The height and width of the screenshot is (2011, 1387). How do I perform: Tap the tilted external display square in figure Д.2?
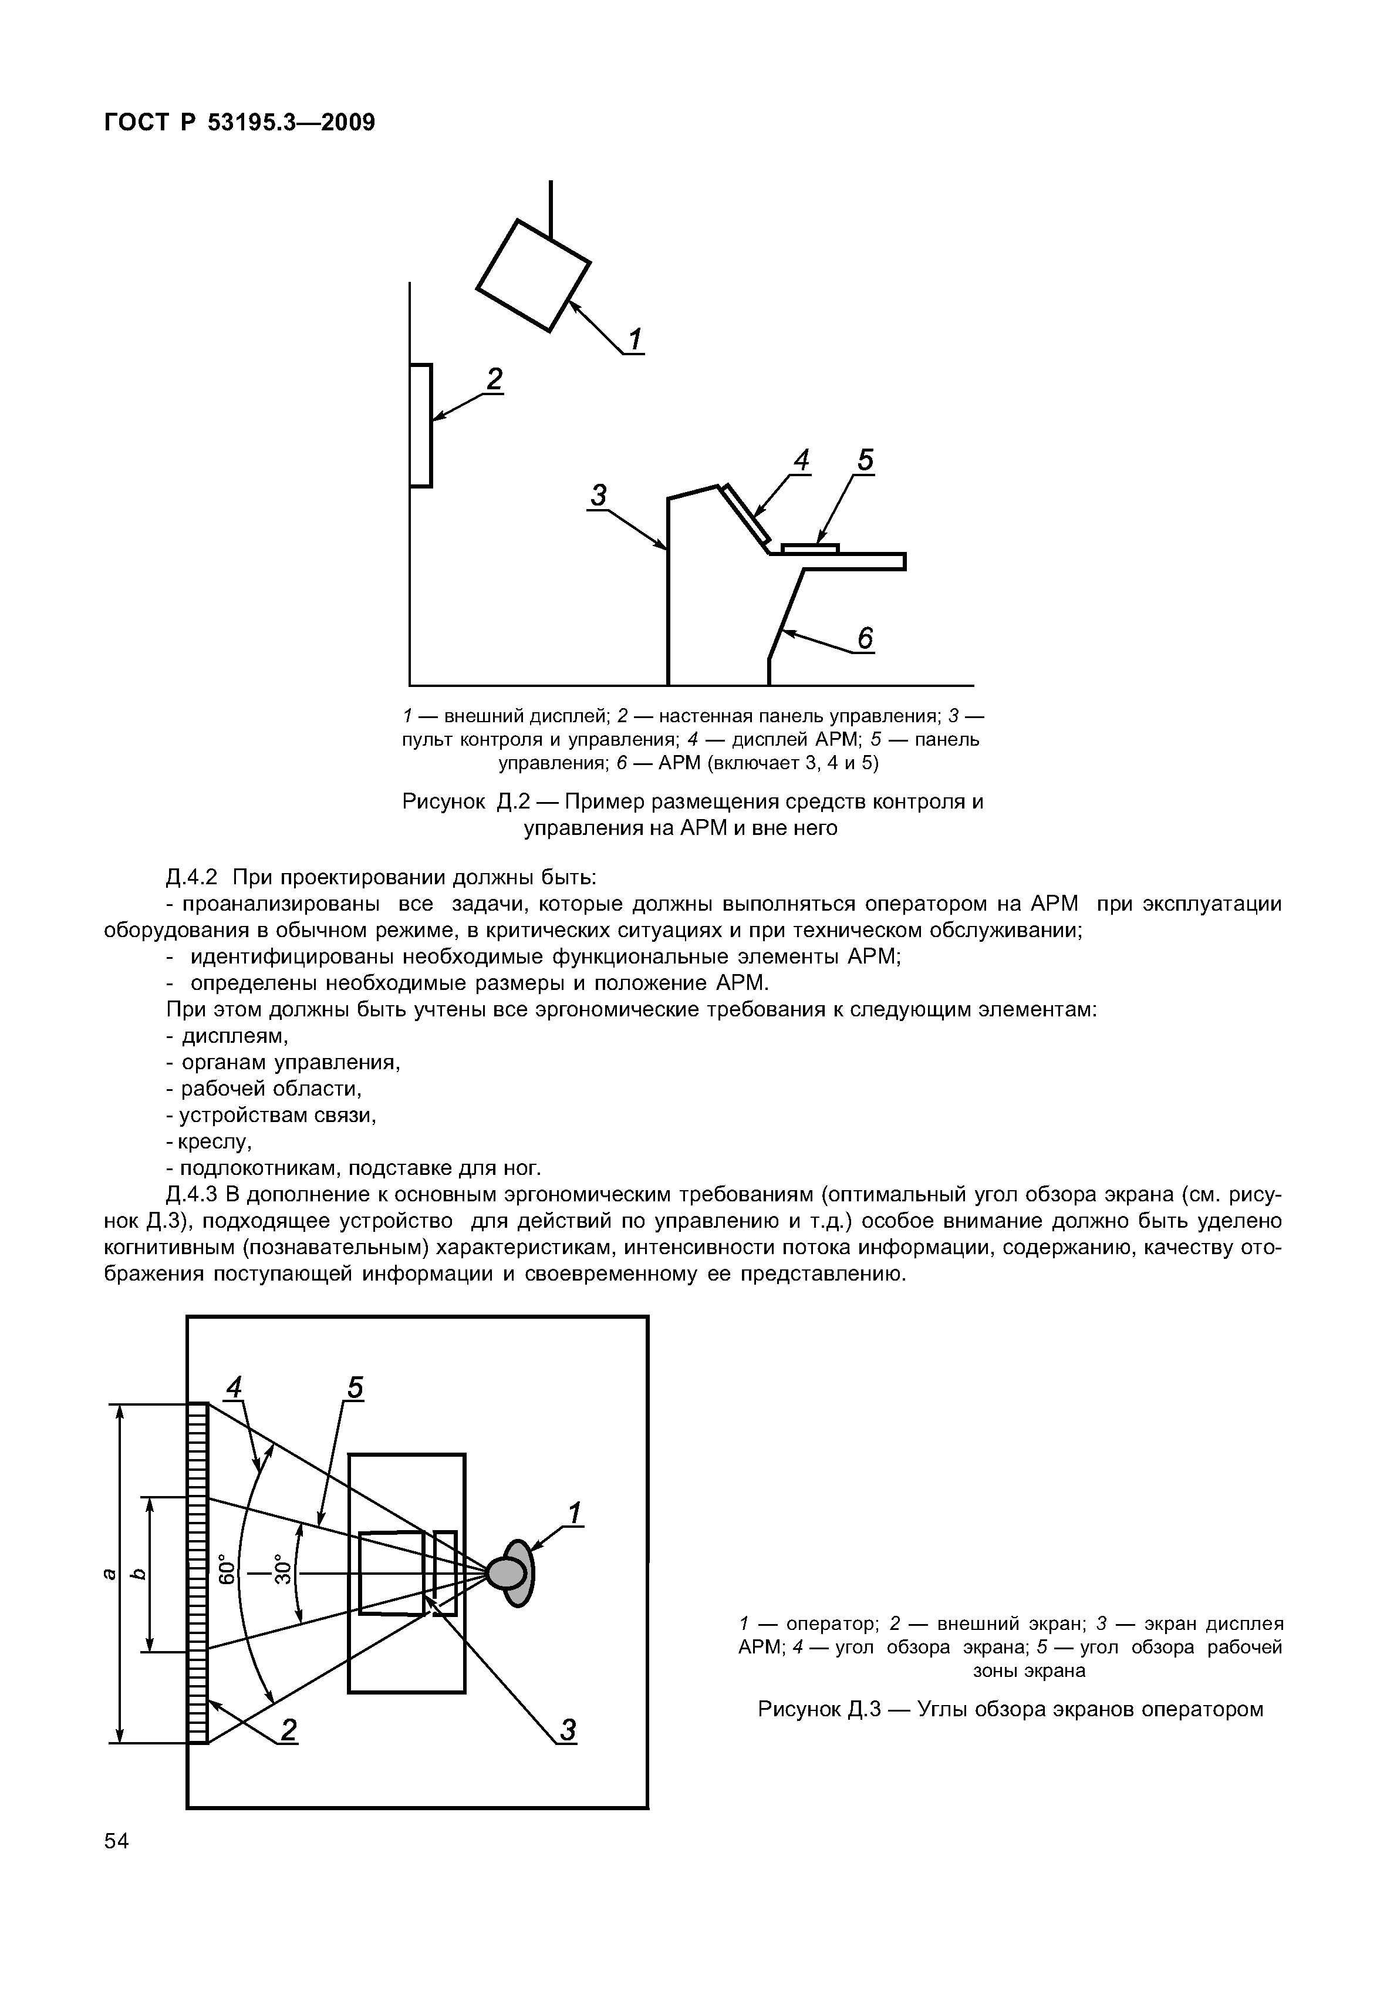[534, 275]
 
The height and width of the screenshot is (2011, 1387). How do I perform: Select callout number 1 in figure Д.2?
[635, 339]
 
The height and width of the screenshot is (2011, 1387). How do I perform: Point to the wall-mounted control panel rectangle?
[421, 425]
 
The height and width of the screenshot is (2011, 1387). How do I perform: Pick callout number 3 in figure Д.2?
[599, 496]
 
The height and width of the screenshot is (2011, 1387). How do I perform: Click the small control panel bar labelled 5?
[810, 548]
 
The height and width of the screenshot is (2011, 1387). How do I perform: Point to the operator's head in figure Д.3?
[507, 1573]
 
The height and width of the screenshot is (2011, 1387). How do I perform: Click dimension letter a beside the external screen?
[108, 1573]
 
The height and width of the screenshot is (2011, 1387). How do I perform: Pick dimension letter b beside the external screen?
[136, 1573]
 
